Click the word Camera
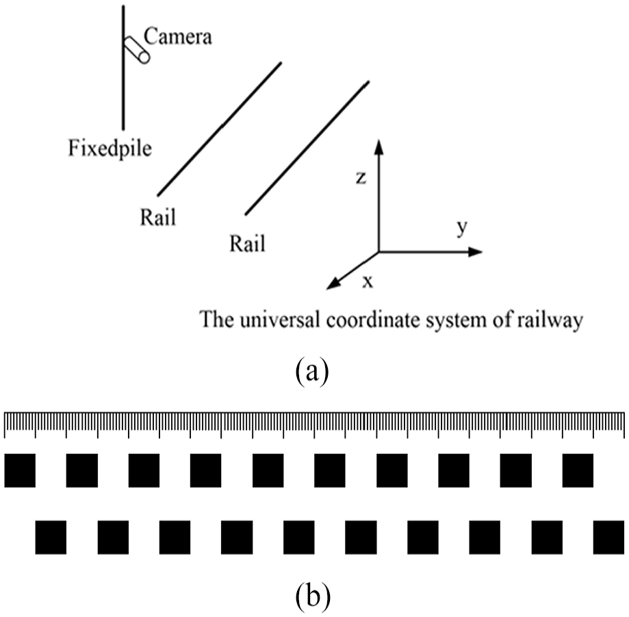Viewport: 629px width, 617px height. (178, 36)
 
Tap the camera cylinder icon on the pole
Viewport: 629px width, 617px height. (137, 50)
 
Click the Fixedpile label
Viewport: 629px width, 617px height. (110, 149)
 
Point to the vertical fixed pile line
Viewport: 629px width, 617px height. (123, 67)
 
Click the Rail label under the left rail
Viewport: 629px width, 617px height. (158, 218)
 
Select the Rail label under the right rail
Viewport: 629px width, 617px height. (248, 244)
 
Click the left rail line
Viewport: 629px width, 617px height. (220, 129)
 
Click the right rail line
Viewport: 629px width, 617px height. (307, 148)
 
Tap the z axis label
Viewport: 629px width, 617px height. (361, 177)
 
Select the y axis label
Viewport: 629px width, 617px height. (462, 227)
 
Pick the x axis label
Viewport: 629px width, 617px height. (368, 282)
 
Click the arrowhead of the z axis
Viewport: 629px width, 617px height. (378, 147)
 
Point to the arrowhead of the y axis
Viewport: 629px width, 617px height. (476, 252)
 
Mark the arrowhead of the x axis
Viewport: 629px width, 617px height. (334, 284)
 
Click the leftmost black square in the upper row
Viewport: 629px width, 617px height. (20, 470)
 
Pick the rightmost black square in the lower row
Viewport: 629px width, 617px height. (608, 538)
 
